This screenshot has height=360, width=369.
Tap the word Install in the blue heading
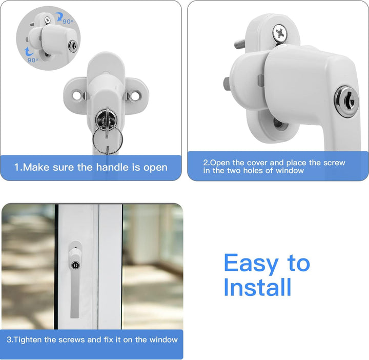pyautogui.click(x=257, y=287)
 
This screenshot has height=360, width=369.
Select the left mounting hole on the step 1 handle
pyautogui.click(x=77, y=95)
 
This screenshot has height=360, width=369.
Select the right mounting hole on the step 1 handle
pyautogui.click(x=136, y=95)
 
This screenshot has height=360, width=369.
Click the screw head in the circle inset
pyautogui.click(x=47, y=19)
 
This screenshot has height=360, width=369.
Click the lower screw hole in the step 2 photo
pyautogui.click(x=277, y=122)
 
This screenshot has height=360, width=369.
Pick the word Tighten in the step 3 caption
pyautogui.click(x=31, y=339)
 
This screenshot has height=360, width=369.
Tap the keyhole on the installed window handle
pyautogui.click(x=75, y=266)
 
